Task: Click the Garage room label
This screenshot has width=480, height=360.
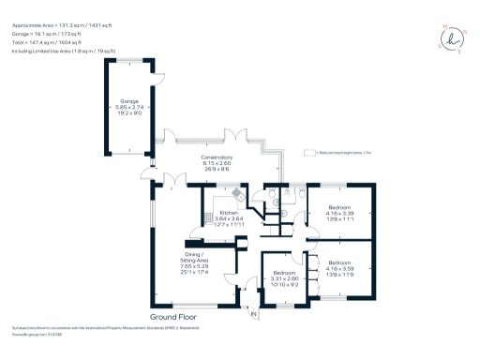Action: click(x=128, y=104)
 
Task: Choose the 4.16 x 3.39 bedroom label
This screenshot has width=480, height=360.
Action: click(x=339, y=213)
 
